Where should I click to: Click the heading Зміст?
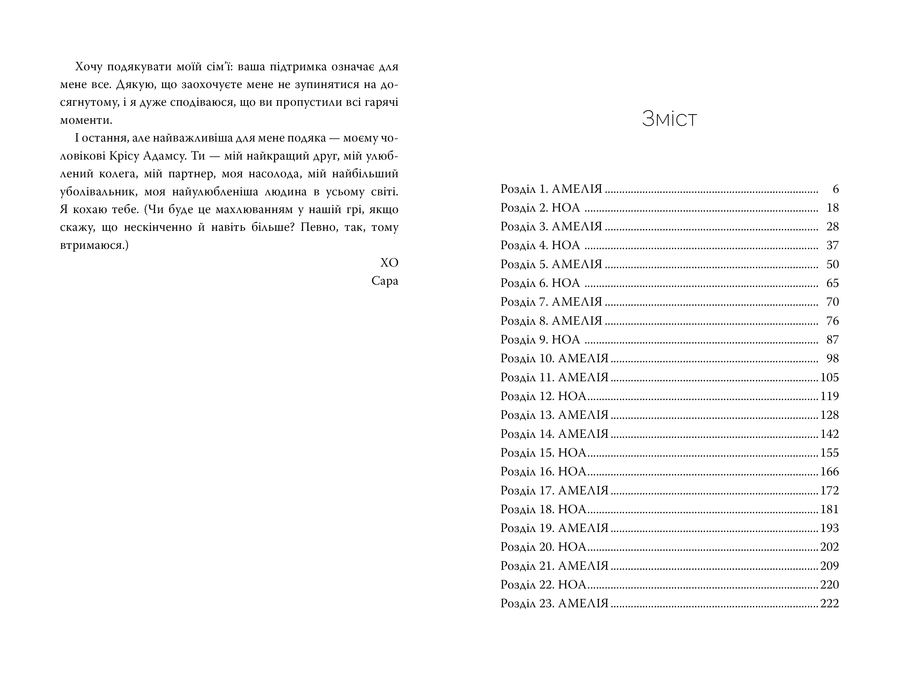click(x=669, y=119)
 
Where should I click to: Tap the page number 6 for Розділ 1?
click(x=835, y=189)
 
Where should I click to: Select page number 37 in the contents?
click(x=832, y=245)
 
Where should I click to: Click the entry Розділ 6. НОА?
click(x=540, y=283)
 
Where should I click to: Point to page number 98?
click(x=832, y=358)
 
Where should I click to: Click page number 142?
click(x=829, y=434)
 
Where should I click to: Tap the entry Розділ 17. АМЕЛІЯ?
click(x=554, y=490)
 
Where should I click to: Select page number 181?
click(x=829, y=509)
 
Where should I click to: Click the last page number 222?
click(x=829, y=603)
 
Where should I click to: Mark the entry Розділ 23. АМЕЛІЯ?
click(x=554, y=603)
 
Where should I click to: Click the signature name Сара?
click(x=384, y=281)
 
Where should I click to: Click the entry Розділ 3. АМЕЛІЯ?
click(x=551, y=227)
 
